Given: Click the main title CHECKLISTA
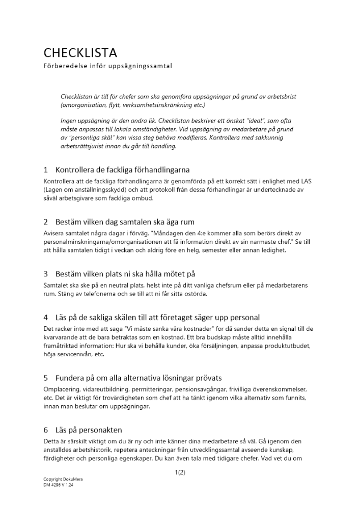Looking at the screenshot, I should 80,52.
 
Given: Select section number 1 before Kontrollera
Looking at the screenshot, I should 46,169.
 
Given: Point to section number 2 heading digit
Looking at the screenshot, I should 46,222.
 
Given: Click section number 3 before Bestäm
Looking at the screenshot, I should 46,274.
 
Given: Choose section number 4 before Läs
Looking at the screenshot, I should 46,317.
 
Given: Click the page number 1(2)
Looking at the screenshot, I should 179,472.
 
